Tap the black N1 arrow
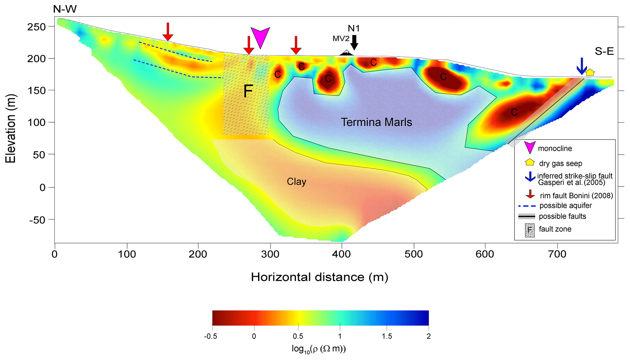coord(354,42)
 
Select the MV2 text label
coord(341,39)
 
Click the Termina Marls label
coord(376,122)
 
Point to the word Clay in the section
coord(296,182)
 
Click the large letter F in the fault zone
coord(248,91)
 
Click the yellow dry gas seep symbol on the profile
coord(590,72)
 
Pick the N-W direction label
coord(65,9)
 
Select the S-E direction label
coord(604,51)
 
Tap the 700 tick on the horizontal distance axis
coord(557,254)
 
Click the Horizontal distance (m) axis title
coord(319,277)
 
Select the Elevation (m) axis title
coord(10,129)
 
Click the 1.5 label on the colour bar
coord(386,336)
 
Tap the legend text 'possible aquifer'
coord(565,206)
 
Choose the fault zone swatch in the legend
coord(529,230)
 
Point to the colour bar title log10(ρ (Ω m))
coord(319,349)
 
